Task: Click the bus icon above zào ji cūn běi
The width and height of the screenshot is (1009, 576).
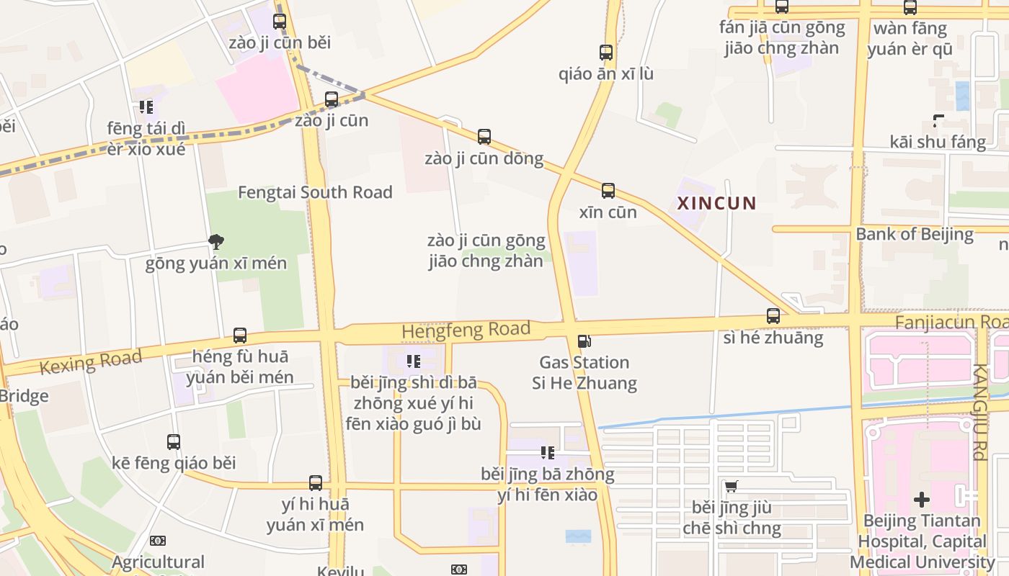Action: click(280, 22)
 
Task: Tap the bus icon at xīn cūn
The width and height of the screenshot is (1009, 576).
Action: click(608, 191)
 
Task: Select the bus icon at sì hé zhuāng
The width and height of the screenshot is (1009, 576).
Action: click(773, 315)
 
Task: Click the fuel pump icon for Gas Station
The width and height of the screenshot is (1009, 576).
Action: click(584, 341)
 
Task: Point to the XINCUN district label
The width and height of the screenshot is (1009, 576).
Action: click(716, 203)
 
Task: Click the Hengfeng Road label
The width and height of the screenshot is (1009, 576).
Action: click(466, 330)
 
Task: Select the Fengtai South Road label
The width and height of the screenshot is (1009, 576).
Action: click(315, 192)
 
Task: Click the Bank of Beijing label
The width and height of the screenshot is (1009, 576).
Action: click(915, 234)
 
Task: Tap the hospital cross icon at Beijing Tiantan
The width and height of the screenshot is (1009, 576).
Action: click(922, 499)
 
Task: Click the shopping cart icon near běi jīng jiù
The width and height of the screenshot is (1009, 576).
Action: click(732, 487)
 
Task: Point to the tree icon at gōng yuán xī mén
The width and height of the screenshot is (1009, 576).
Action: click(215, 241)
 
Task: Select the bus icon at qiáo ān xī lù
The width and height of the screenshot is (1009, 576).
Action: click(606, 53)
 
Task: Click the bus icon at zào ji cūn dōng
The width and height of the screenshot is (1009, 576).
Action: click(484, 137)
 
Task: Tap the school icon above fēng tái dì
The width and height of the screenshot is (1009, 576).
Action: click(146, 107)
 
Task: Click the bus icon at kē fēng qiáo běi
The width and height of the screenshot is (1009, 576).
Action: click(174, 442)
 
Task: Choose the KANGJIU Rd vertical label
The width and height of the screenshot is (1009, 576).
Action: click(978, 412)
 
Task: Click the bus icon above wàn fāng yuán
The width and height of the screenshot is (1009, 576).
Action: click(910, 8)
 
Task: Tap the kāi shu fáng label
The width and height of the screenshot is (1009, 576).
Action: click(938, 142)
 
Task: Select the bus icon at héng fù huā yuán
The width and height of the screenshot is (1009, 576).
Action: click(240, 336)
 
